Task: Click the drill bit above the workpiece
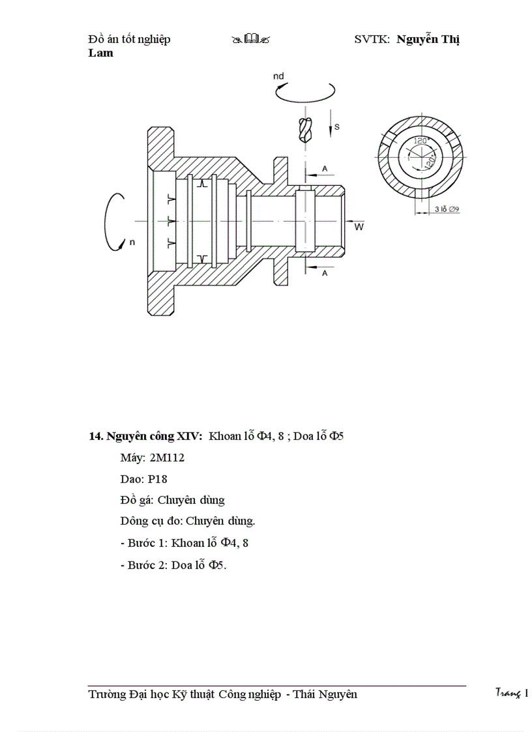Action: pos(304,130)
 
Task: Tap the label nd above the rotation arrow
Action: pos(278,77)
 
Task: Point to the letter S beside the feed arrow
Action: pos(336,125)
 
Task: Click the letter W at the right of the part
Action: pos(359,227)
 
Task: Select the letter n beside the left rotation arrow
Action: pos(132,242)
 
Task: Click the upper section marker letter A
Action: pos(324,169)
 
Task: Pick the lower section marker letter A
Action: pos(324,274)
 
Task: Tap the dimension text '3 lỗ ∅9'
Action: pos(447,209)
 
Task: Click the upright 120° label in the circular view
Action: pos(419,141)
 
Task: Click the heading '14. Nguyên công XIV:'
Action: pos(145,436)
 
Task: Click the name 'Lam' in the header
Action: pos(100,53)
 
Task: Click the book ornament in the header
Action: pos(250,40)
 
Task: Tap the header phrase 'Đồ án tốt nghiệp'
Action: pos(129,40)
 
